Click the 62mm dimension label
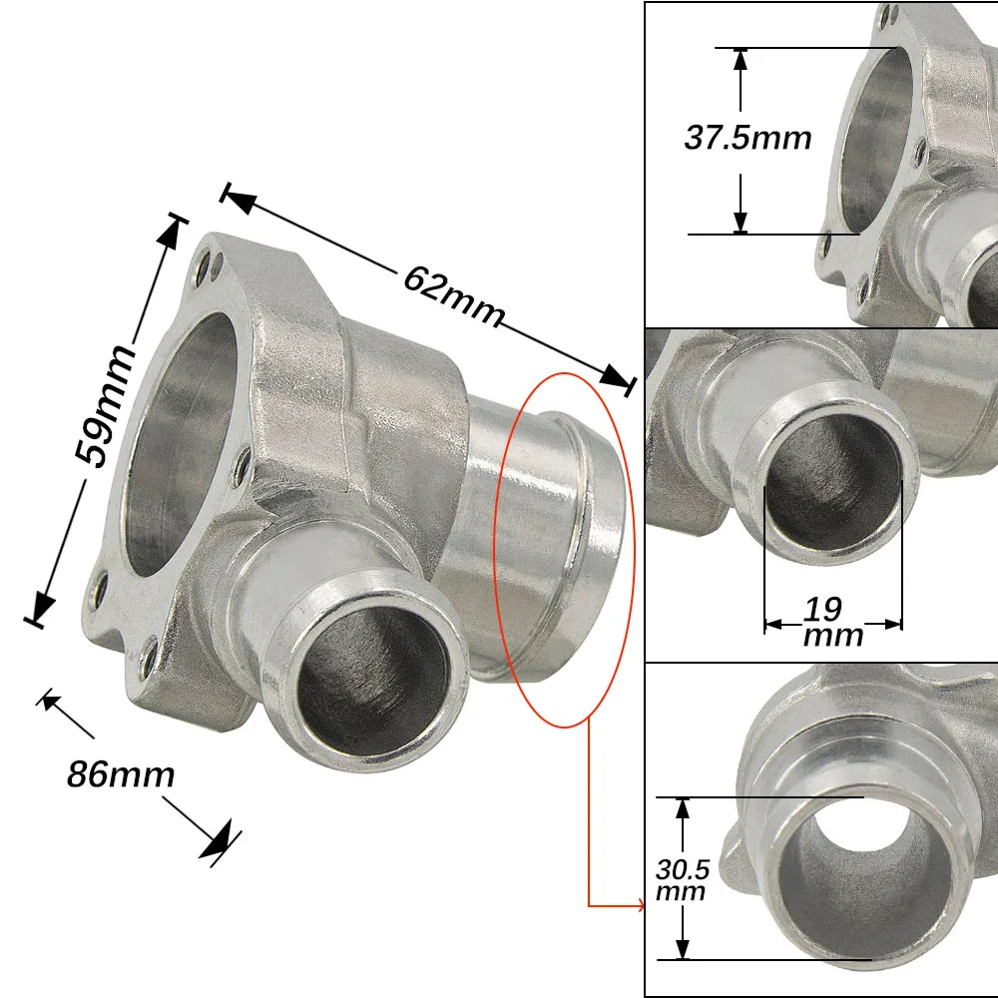454,296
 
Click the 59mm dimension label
105,406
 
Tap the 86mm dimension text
121,774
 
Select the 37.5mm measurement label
748,138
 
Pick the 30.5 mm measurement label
682,879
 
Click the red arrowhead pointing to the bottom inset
641,906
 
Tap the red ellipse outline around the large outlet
635,547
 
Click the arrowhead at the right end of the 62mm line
615,376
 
